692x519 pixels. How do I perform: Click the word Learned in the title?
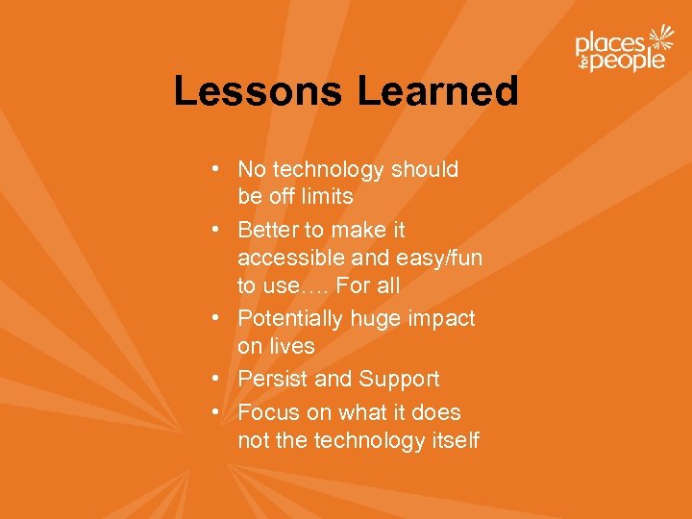[438, 91]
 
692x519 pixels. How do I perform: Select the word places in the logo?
[609, 43]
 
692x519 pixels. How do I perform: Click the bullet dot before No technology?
[220, 170]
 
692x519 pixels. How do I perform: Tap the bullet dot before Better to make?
[220, 231]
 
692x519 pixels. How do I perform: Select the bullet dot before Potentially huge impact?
[220, 318]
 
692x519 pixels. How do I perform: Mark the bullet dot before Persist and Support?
[220, 380]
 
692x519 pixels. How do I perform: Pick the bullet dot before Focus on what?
[220, 413]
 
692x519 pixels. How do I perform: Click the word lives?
[292, 346]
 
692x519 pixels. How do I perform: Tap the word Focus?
[267, 413]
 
